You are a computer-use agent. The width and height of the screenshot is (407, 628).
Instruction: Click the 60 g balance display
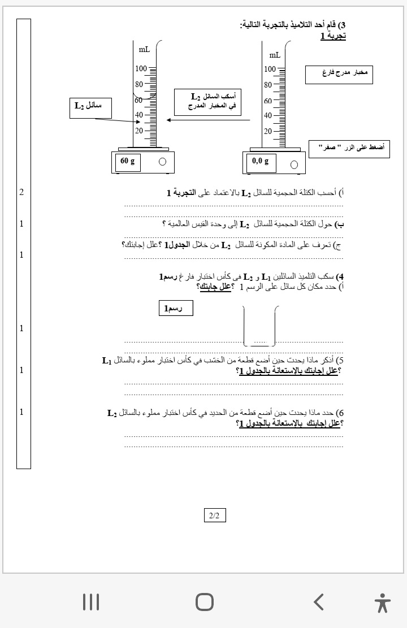point(128,162)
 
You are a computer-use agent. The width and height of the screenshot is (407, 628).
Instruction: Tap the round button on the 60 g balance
point(163,162)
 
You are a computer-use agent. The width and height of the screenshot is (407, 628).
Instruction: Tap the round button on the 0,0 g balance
point(294,164)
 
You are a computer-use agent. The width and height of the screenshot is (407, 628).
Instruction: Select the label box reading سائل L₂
point(90,107)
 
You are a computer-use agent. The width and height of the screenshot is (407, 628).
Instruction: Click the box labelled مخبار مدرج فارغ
point(339,75)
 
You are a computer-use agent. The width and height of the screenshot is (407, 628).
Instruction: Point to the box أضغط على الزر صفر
point(349,149)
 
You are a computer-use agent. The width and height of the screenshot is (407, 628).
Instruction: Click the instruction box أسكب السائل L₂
point(207,102)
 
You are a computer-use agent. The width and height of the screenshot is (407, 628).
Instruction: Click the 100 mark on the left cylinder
point(141,69)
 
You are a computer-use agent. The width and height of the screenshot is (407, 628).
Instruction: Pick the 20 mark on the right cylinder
point(268,132)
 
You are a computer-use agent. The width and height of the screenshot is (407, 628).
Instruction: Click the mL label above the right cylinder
point(275,55)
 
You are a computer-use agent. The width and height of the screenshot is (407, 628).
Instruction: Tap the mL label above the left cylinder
point(144,50)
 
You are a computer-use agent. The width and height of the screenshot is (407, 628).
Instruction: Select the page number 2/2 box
point(214,516)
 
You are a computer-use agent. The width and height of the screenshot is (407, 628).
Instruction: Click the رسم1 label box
point(175,308)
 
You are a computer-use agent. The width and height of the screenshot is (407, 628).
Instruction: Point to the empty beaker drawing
point(259,326)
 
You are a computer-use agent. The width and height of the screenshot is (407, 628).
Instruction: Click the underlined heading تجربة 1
point(333,36)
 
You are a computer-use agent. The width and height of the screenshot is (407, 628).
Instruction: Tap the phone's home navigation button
point(205,602)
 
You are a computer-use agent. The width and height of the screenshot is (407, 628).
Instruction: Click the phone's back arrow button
point(319,602)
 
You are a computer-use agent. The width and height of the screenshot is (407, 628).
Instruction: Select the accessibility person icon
point(382,603)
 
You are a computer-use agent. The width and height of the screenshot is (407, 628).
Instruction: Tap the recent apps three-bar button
point(91,602)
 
